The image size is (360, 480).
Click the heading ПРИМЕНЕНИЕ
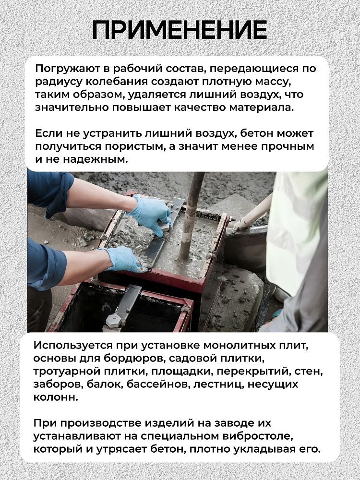[180, 30]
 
